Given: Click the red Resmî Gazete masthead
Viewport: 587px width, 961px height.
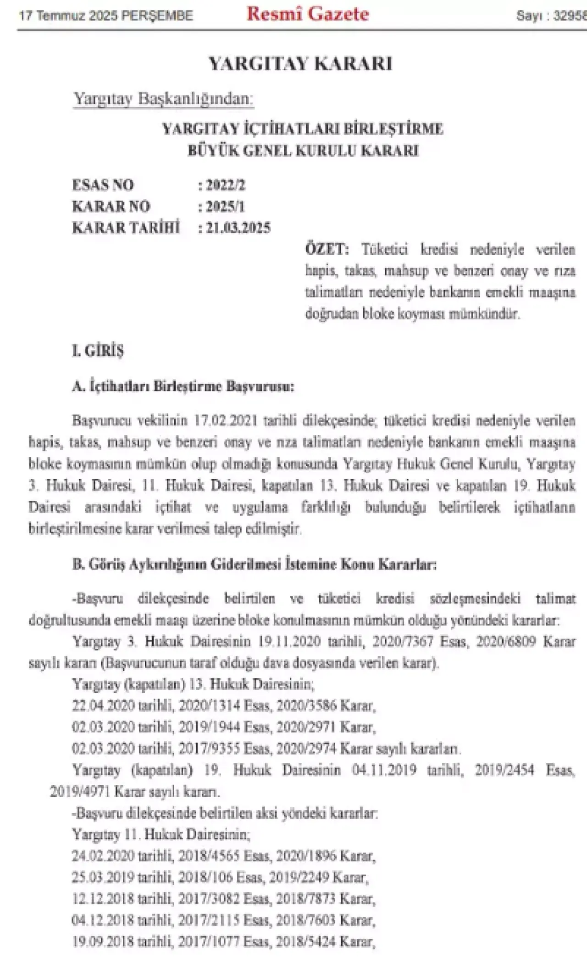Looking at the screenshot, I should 308,14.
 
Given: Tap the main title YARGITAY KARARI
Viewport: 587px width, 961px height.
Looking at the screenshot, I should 301,64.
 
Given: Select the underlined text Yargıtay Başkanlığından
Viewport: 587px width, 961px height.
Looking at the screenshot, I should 163,99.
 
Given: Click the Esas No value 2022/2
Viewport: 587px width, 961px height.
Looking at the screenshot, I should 225,185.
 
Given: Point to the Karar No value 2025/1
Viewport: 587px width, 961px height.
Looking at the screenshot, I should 225,207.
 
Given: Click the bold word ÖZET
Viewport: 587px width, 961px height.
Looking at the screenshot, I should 327,250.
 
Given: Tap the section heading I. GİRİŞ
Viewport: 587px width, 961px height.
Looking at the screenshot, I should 98,351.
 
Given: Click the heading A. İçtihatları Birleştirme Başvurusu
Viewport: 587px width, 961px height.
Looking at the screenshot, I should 183,386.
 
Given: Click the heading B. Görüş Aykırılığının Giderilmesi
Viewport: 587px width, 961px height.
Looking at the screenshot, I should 255,564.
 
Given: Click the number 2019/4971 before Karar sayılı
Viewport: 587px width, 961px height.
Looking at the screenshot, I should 79,791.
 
